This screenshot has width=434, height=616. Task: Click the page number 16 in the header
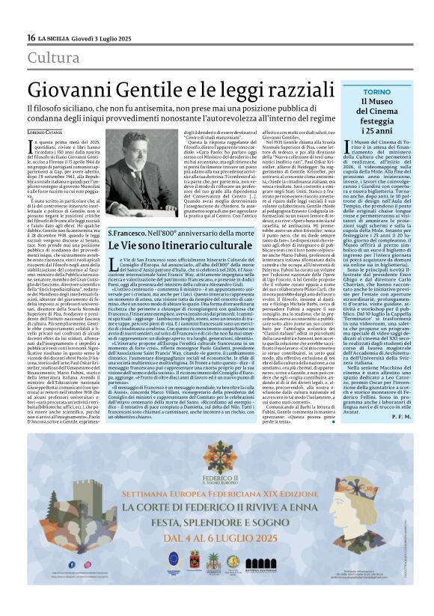[x=31, y=37]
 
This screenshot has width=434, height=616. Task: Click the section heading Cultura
[x=53, y=58]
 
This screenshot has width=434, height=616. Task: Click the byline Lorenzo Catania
[x=46, y=132]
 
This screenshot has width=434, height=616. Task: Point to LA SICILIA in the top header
[x=55, y=37]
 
